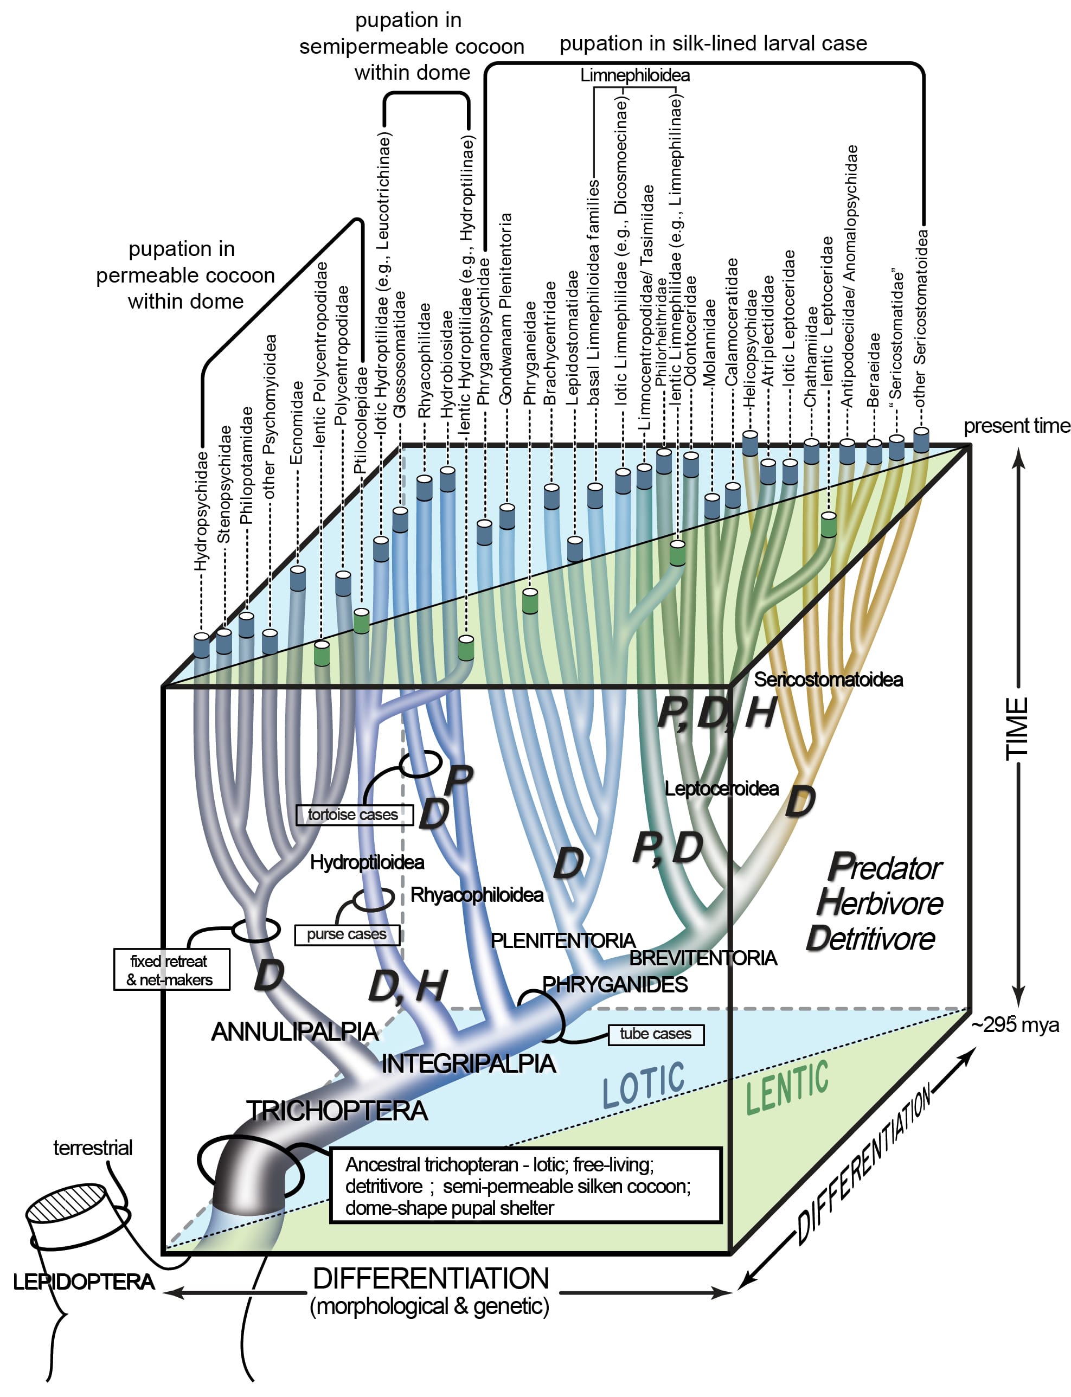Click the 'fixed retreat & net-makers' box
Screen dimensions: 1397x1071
[x=171, y=970]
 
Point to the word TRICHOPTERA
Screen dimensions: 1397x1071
[x=337, y=1111]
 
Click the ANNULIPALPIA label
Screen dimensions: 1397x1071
[x=294, y=1031]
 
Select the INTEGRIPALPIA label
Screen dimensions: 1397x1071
[x=468, y=1063]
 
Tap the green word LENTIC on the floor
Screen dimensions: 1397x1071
[x=787, y=1087]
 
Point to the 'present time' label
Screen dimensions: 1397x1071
[x=1016, y=425]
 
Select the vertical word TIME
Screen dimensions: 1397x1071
[x=1017, y=728]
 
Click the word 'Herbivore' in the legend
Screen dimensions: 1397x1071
[x=880, y=903]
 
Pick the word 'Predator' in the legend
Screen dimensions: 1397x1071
[x=885, y=868]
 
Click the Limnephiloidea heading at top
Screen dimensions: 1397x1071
[x=634, y=75]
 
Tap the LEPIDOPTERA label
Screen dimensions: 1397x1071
[x=84, y=1281]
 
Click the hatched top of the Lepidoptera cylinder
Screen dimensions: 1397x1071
[x=66, y=1201]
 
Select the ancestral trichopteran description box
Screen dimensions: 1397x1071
[x=525, y=1185]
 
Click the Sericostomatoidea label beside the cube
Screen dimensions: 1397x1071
[x=828, y=680]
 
